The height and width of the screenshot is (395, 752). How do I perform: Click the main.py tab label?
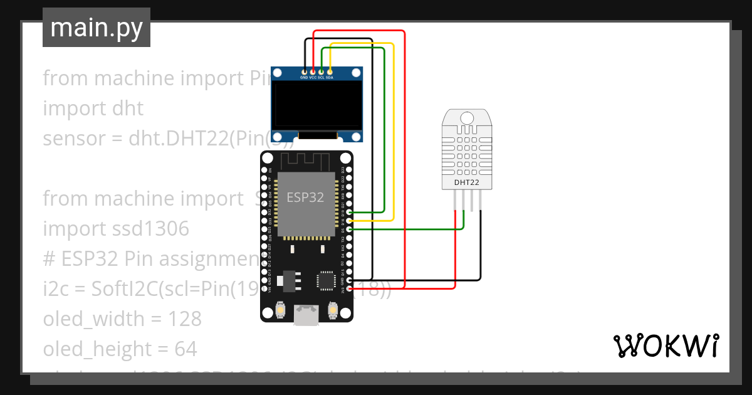point(96,28)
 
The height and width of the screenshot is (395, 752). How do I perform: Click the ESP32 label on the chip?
point(305,197)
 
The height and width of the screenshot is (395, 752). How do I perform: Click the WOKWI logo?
point(666,345)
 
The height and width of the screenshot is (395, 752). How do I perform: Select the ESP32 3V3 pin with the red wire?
point(349,288)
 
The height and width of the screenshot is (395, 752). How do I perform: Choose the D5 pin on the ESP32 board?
point(349,230)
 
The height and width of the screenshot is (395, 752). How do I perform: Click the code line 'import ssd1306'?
point(116,229)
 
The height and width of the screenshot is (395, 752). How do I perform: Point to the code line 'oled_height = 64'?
point(120,349)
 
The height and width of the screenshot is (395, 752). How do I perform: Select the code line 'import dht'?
point(93,108)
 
